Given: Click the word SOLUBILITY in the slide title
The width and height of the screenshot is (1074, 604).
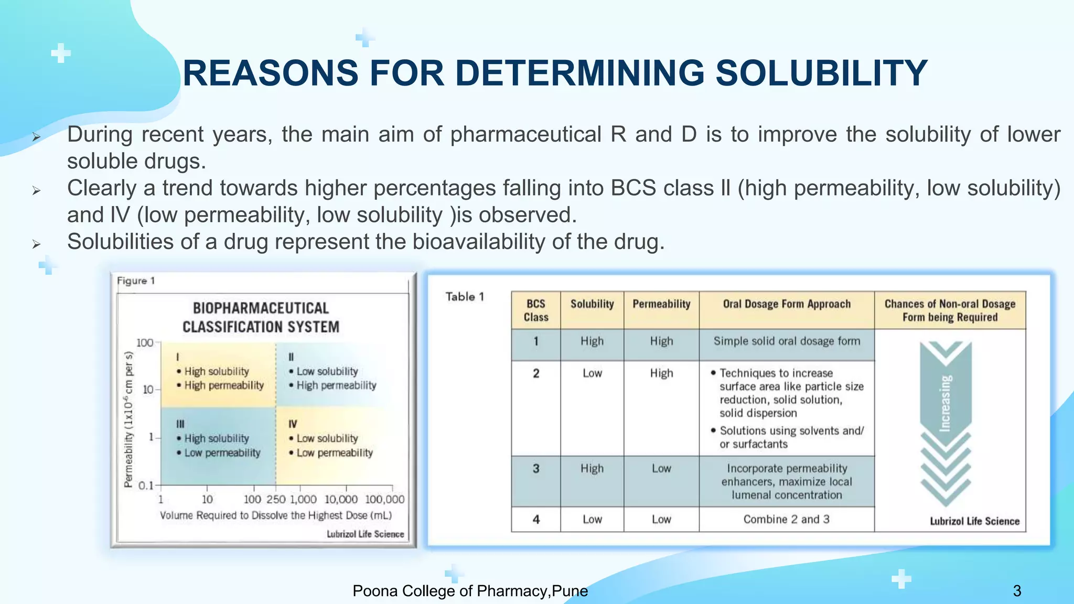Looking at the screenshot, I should [x=821, y=73].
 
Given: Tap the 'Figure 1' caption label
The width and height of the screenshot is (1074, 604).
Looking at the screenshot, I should [x=136, y=281].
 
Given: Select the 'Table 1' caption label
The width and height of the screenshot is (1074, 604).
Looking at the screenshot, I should [x=465, y=297].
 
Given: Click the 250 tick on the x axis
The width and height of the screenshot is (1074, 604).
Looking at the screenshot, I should [x=276, y=499].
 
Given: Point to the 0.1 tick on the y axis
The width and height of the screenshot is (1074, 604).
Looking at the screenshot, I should [x=146, y=486].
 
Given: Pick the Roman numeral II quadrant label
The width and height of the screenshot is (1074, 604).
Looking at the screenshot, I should [x=291, y=357].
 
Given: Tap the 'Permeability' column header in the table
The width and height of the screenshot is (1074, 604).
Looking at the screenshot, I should [x=661, y=304].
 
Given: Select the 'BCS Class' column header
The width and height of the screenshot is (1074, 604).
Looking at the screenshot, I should [x=535, y=310].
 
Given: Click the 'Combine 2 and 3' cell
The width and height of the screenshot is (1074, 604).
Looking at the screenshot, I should [x=786, y=519].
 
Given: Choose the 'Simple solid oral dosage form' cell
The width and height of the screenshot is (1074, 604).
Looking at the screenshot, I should [x=786, y=341].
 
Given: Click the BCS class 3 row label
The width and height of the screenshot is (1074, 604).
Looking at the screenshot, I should [x=535, y=468].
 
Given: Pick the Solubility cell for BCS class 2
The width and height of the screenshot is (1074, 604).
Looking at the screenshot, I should [x=592, y=373].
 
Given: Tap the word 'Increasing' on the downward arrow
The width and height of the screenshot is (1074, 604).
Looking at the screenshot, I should [x=945, y=403].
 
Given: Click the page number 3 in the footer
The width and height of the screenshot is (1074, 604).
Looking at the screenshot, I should [x=1017, y=591].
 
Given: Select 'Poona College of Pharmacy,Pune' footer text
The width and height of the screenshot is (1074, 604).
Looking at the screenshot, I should [x=470, y=591].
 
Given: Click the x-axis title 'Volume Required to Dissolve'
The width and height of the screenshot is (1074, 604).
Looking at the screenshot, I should [x=276, y=515].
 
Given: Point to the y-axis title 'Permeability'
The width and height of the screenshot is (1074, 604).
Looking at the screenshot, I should [x=128, y=419].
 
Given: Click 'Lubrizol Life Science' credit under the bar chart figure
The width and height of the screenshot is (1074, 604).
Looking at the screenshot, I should [x=365, y=534].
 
